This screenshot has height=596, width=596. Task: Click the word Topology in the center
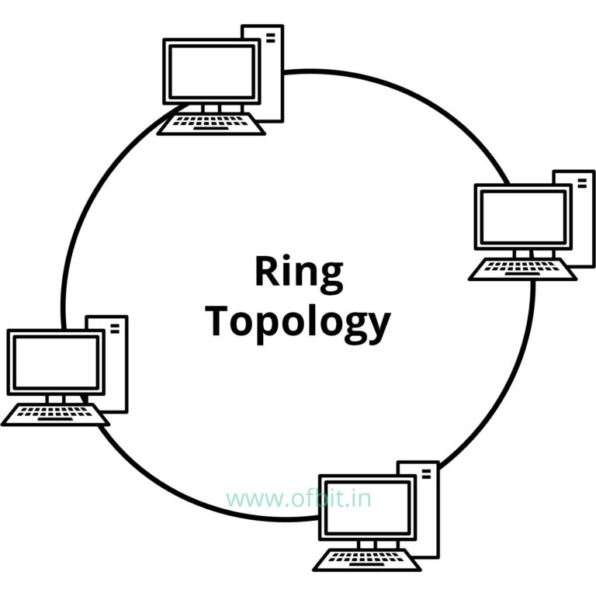point(299,322)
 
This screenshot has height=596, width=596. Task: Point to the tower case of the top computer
point(269,74)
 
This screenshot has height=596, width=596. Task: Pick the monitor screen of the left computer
point(56,362)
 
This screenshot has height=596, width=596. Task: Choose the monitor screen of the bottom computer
point(367,508)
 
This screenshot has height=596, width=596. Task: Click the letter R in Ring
point(265,272)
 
